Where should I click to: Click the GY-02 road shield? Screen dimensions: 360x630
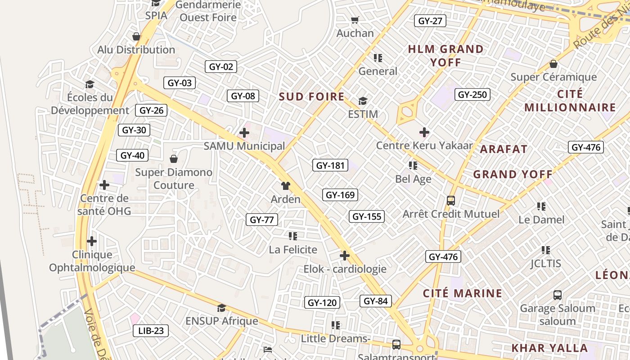click(221, 67)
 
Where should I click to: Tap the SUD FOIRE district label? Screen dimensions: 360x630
click(311, 97)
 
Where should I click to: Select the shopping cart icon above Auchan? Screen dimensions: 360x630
click(355, 20)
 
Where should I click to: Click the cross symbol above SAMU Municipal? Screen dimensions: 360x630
click(244, 133)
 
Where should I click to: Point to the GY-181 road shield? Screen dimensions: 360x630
click(330, 165)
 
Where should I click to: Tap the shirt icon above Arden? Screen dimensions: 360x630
click(285, 185)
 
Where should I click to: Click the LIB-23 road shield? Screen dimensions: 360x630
click(151, 331)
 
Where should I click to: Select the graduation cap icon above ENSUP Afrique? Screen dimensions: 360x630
click(221, 308)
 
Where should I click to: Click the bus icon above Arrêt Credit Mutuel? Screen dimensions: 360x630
click(450, 200)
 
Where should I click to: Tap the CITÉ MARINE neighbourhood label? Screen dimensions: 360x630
click(462, 293)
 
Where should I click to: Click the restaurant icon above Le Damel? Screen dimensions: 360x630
click(541, 207)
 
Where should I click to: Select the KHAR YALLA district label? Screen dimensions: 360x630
click(549, 348)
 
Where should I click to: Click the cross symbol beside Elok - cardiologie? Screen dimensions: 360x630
click(345, 256)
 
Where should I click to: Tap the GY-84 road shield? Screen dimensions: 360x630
click(375, 301)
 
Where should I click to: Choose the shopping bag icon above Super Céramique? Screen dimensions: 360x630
click(553, 64)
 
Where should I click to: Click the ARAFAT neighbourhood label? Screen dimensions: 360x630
click(504, 149)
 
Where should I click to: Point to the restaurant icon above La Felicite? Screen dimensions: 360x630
click(292, 236)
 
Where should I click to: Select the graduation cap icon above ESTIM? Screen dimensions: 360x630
click(363, 101)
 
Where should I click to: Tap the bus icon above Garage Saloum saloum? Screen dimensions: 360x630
click(557, 295)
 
